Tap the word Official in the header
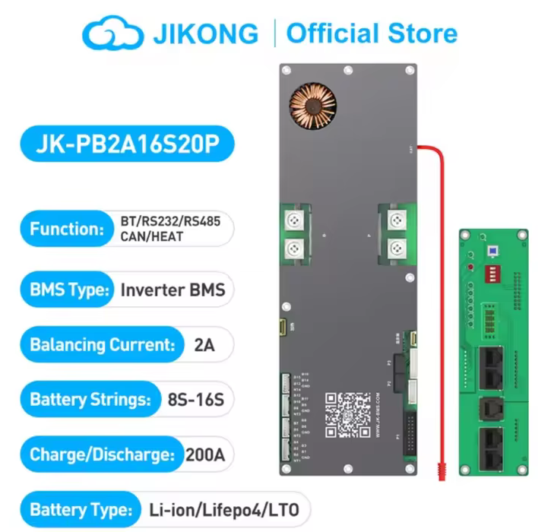point(337,33)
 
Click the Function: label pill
point(66,229)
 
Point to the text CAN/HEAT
point(152,236)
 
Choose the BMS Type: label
point(68,290)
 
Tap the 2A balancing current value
point(204,344)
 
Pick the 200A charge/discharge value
point(208,455)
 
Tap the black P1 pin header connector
point(410,433)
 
